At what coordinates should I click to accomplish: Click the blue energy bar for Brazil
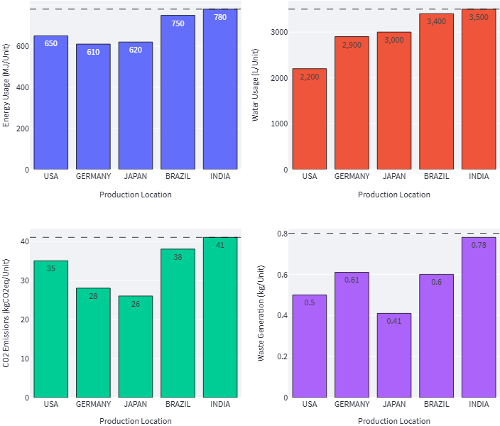(x=178, y=92)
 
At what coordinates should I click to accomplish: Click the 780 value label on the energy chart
(x=220, y=17)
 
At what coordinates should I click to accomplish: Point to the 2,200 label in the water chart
(x=310, y=77)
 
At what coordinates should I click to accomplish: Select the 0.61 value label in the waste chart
(x=352, y=280)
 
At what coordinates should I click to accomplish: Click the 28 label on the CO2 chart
(x=93, y=296)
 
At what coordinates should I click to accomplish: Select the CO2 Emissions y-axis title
(x=6, y=312)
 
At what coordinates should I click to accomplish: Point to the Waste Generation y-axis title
(x=261, y=314)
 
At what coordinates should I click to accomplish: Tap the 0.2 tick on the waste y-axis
(x=282, y=356)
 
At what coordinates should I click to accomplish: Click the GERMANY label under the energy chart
(x=93, y=177)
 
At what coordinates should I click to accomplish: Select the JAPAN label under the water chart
(x=394, y=177)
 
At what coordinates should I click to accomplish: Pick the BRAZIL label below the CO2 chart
(x=178, y=404)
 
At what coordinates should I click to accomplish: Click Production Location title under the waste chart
(x=393, y=421)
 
